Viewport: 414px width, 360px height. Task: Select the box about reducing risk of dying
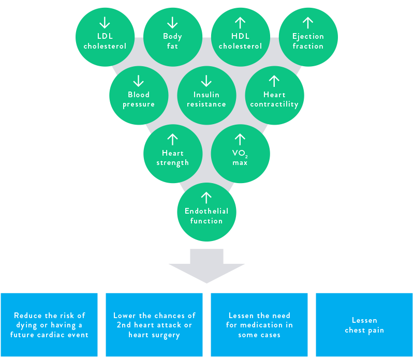(x=49, y=325)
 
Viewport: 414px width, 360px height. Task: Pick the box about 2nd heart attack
(x=154, y=325)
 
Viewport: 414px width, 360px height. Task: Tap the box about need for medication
(x=259, y=325)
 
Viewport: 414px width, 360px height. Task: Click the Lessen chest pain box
(x=364, y=325)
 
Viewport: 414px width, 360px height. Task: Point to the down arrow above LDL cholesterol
(x=105, y=22)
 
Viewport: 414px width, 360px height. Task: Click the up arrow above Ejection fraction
(x=308, y=22)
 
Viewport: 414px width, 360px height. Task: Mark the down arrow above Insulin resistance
(x=206, y=81)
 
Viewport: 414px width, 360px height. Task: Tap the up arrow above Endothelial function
(x=206, y=197)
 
